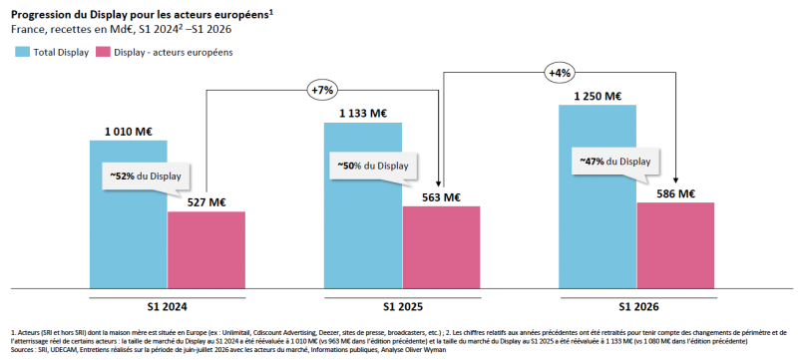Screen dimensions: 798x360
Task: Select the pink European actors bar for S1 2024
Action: point(206,250)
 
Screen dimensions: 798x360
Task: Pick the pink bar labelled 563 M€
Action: point(441,247)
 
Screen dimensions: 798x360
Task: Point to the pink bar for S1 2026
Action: point(675,245)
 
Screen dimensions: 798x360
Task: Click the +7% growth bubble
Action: point(322,91)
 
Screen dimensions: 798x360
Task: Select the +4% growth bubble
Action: point(560,73)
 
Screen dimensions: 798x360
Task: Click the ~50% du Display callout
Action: point(373,168)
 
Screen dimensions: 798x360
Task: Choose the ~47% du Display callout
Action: point(614,163)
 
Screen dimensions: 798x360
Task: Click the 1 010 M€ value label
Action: point(129,132)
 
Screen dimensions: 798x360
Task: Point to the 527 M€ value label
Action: point(206,202)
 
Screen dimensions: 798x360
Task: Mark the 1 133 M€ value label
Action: point(363,113)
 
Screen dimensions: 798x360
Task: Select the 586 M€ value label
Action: point(676,193)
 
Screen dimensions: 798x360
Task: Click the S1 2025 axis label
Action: point(403,307)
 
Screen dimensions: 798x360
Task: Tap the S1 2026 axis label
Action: point(638,307)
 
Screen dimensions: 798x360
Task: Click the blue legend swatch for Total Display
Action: point(22,52)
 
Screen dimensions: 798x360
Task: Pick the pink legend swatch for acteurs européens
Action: point(104,52)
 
